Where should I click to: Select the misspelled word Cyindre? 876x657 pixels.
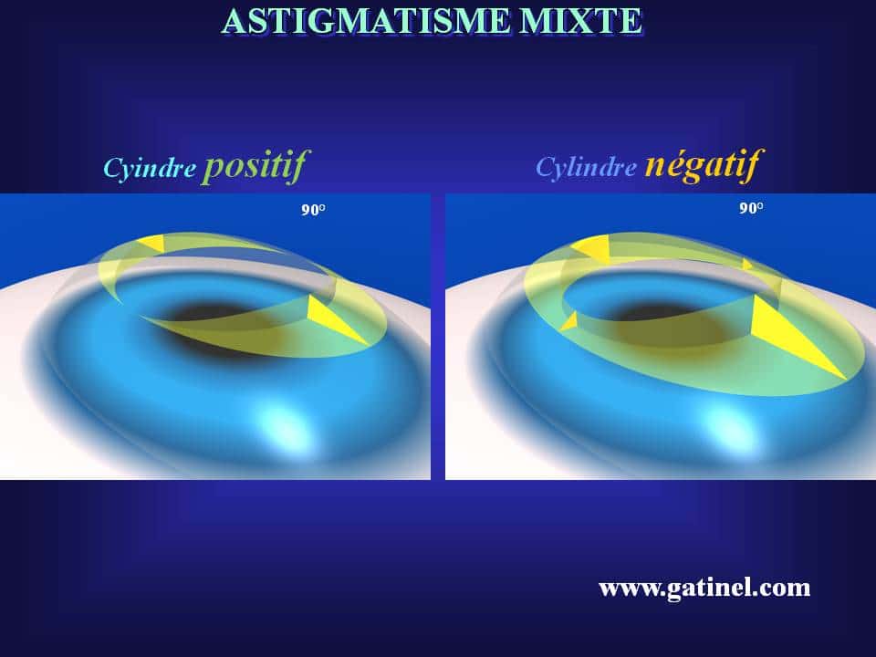click(149, 169)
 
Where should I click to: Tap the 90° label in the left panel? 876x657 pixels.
click(313, 210)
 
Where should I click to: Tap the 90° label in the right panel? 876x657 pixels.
click(750, 208)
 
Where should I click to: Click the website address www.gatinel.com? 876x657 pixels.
click(704, 588)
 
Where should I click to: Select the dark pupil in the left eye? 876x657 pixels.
click(203, 315)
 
